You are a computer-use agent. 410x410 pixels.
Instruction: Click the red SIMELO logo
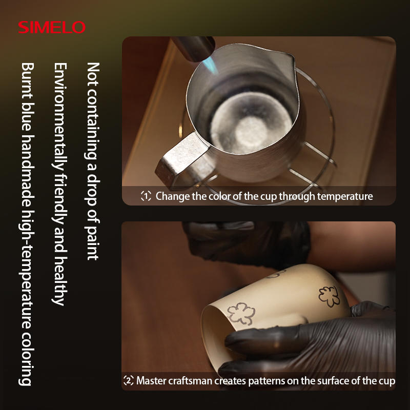coord(52,27)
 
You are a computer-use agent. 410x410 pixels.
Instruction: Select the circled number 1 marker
coord(146,196)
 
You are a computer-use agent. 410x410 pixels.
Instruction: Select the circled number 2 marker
coord(129,380)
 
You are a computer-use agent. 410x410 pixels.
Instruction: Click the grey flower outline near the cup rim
coord(241,313)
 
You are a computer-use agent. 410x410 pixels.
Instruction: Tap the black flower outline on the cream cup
coord(329,296)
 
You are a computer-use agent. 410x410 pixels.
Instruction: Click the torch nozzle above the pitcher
coord(194,48)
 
